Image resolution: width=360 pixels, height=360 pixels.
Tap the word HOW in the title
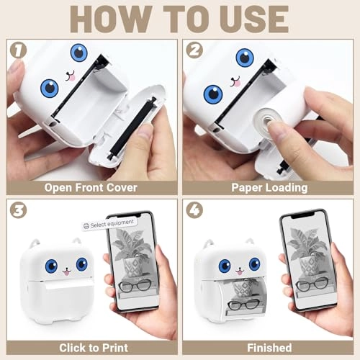coord(111,19)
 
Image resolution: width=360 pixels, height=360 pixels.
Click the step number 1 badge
coord(19,50)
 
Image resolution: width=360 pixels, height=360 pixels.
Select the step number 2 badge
coord(194,50)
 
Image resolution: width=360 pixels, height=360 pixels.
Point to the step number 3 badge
coord(19,210)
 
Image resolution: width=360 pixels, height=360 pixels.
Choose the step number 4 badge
coord(194,210)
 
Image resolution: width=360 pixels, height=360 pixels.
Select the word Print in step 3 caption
coord(115,348)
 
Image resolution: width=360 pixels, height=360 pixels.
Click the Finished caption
coord(269,348)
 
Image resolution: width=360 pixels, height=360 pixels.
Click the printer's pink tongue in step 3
coord(66,273)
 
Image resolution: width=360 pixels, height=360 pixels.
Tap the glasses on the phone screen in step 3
coord(135,286)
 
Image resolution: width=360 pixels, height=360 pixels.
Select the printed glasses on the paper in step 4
coord(244,305)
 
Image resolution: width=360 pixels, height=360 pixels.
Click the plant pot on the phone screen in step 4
coord(308,266)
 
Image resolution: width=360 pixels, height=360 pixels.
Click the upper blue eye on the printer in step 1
coord(78,53)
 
